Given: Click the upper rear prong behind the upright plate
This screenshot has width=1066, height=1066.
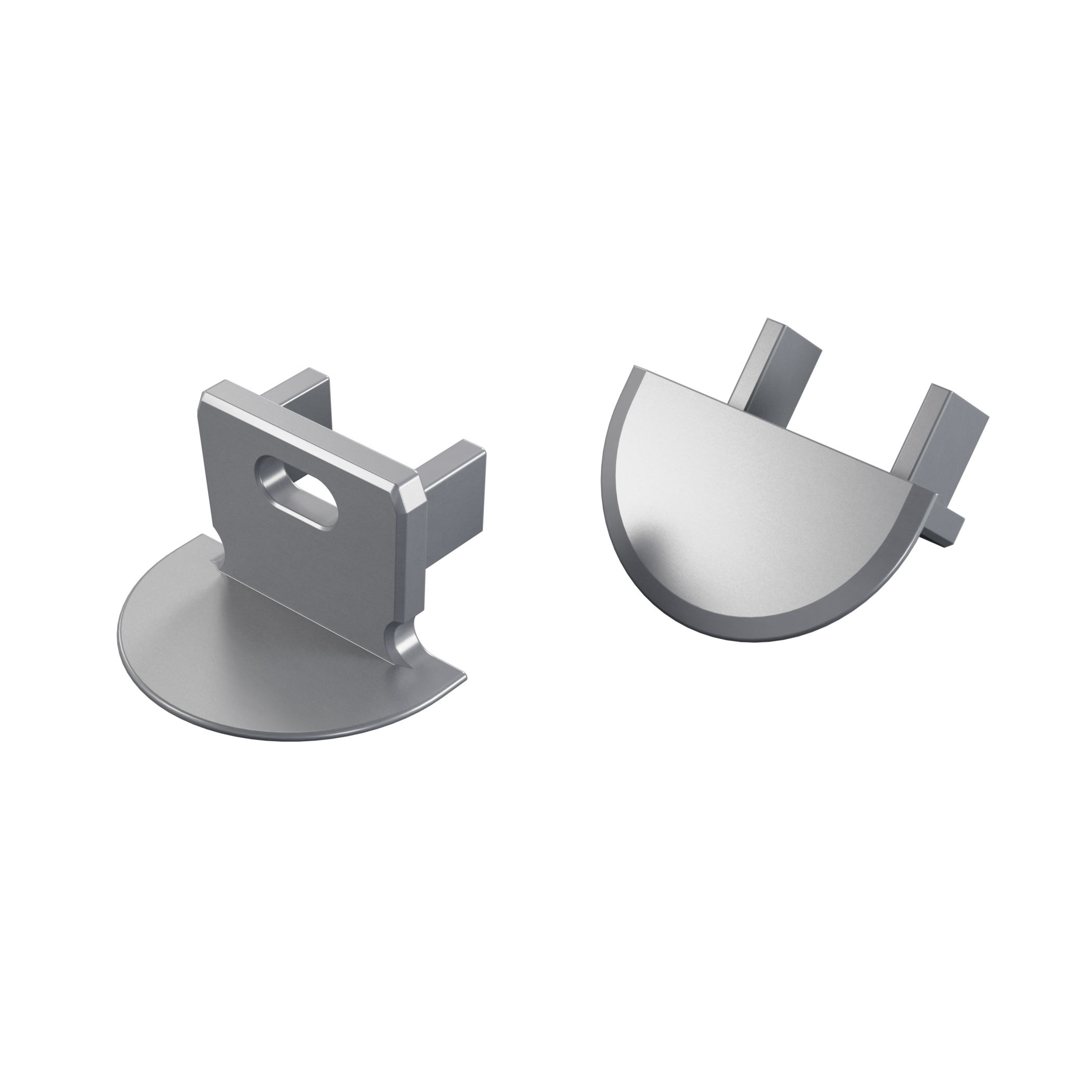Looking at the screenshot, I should point(301,392).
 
